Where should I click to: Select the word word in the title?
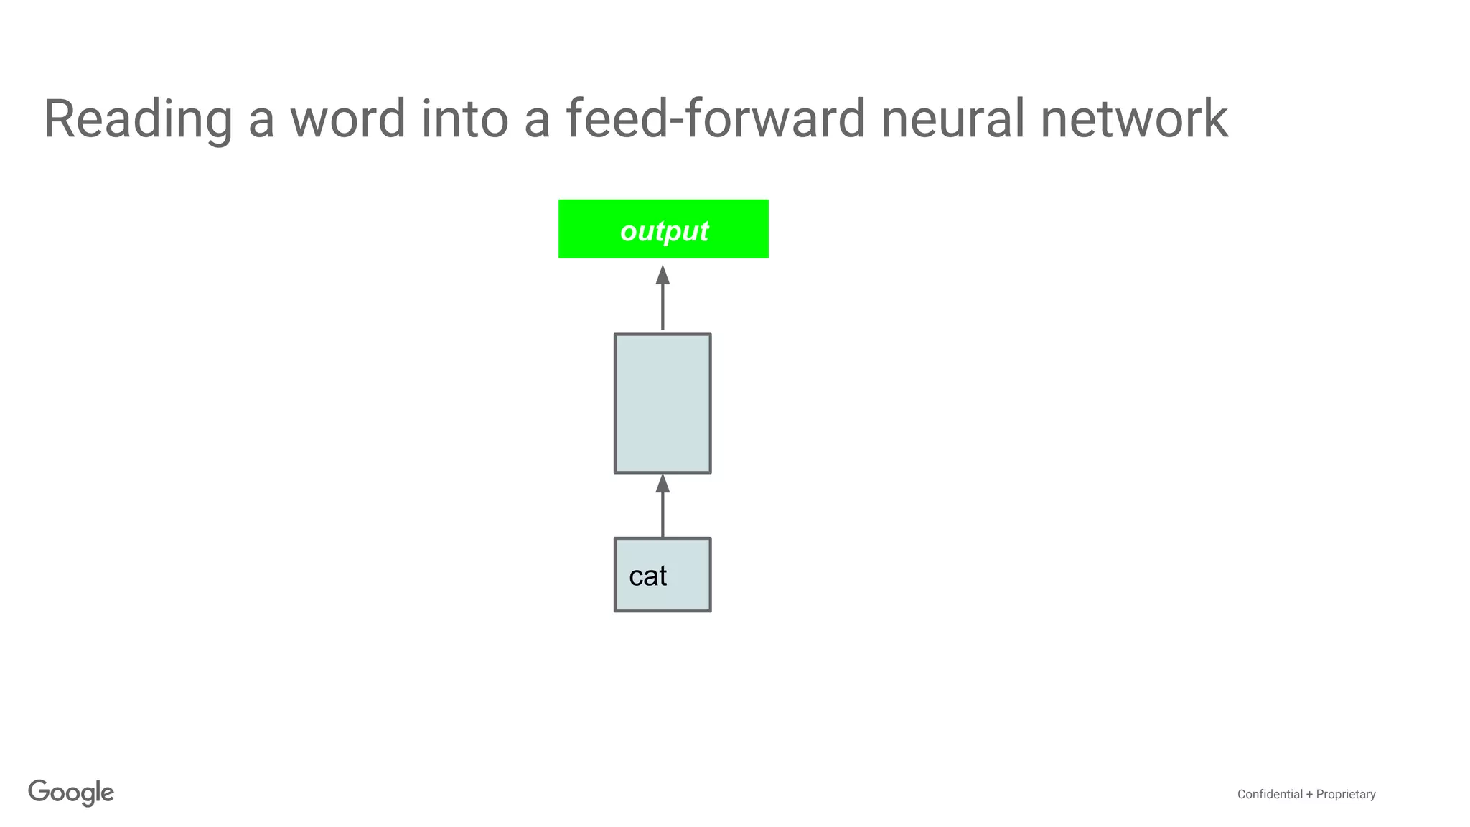[348, 119]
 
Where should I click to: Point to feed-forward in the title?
[715, 119]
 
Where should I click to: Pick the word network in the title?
[1133, 119]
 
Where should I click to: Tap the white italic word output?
[664, 231]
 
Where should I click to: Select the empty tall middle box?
[663, 403]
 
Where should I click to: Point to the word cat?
[647, 576]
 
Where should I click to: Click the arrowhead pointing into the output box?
[663, 276]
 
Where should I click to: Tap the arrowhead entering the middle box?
[663, 483]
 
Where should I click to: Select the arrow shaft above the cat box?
[663, 515]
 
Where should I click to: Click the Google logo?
[71, 793]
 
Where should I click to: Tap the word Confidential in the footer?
[1270, 794]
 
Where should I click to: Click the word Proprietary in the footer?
[1346, 794]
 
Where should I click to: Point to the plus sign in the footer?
[1309, 794]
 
